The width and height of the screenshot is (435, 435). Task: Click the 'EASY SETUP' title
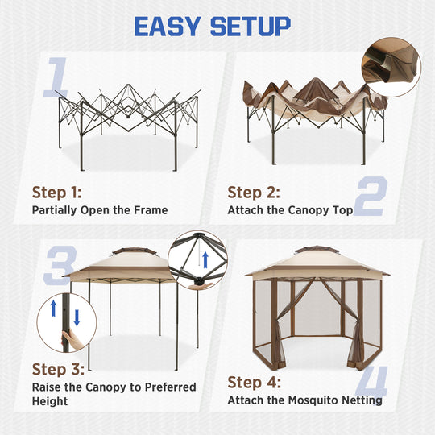[212, 26]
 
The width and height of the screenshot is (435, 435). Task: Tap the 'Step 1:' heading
[56, 193]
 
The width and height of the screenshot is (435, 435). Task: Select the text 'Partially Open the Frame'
[100, 210]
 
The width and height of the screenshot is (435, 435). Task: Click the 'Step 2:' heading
[254, 193]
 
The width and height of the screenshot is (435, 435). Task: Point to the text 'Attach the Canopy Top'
[290, 210]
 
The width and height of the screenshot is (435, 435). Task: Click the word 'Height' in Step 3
[50, 401]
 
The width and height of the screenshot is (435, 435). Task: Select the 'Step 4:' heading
[254, 382]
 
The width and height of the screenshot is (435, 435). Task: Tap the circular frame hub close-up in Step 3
[198, 259]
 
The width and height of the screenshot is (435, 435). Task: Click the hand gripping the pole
[71, 341]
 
